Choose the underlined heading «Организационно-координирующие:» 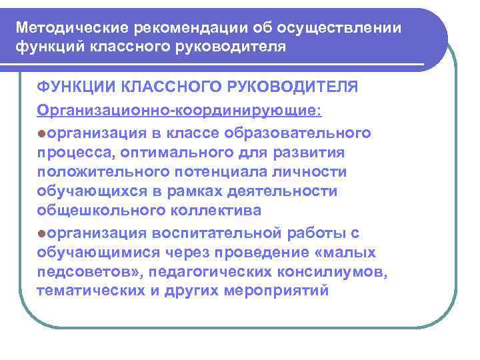click(x=179, y=109)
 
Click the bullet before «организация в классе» click(x=42, y=133)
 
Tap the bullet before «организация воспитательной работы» click(x=42, y=233)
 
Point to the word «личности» click(x=312, y=171)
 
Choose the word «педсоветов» click(x=89, y=272)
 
